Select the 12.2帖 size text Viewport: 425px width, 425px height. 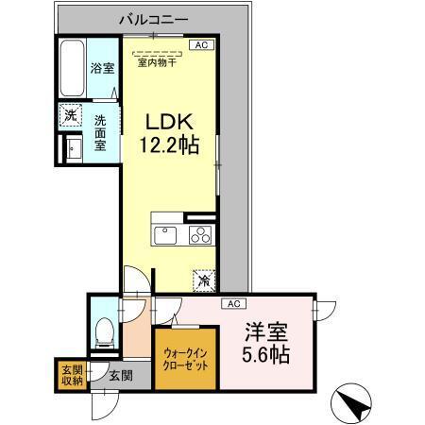(170, 146)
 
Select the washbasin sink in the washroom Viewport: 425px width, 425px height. (70, 148)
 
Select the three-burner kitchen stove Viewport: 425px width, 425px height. (200, 234)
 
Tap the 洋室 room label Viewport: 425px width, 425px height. (264, 332)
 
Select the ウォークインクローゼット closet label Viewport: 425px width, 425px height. (186, 359)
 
